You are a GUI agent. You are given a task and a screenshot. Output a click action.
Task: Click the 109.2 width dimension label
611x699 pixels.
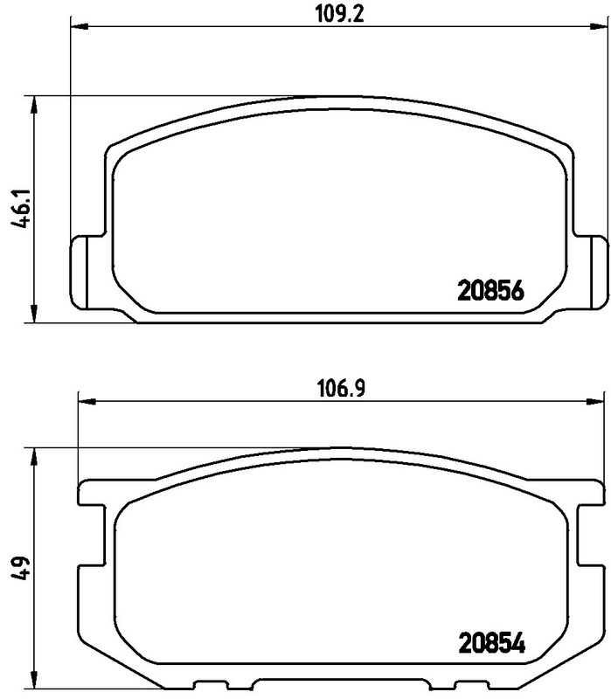point(340,13)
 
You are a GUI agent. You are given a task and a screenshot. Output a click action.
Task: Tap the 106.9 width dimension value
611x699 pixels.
point(341,388)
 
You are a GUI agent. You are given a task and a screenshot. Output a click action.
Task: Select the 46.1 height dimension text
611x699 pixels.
point(21,209)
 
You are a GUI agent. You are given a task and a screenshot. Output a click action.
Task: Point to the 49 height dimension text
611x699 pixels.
point(21,567)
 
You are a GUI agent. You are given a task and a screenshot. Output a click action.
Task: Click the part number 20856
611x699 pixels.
point(490,292)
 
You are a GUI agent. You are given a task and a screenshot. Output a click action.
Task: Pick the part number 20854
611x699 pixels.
point(492,643)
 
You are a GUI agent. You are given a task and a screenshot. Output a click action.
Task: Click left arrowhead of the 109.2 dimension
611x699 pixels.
point(80,27)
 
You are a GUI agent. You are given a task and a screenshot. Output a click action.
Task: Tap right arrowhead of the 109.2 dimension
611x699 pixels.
point(599,27)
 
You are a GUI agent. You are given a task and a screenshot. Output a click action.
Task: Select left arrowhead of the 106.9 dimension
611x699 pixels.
point(87,402)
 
